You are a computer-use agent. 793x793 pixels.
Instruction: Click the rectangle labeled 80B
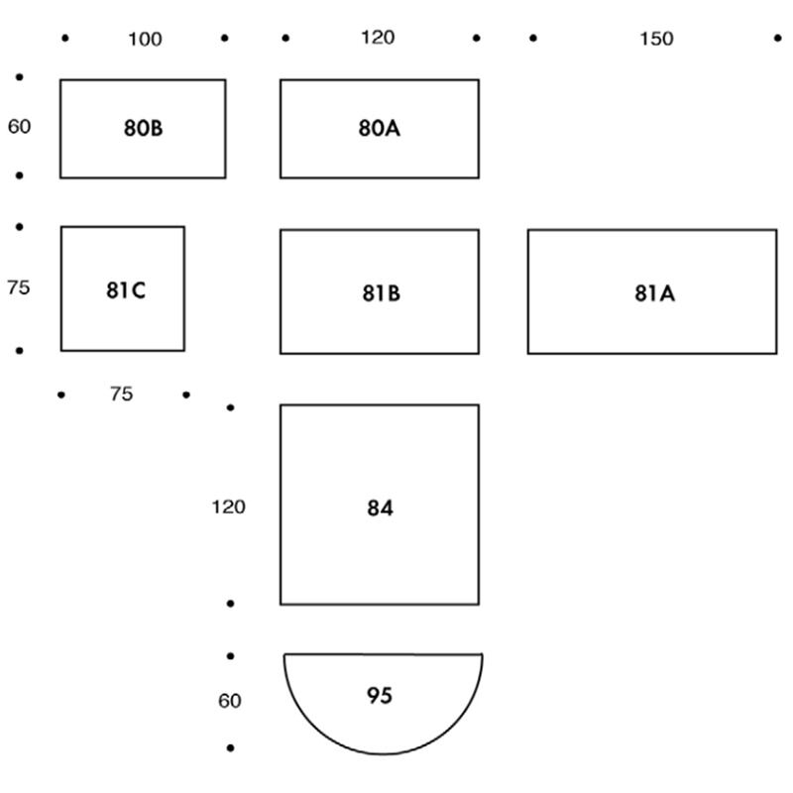(x=143, y=129)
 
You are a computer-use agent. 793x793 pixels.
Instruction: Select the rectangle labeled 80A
(x=380, y=129)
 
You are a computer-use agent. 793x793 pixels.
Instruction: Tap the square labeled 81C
(x=123, y=288)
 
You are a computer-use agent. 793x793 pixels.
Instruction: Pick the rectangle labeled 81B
(x=380, y=292)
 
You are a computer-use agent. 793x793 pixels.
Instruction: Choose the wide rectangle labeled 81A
(x=652, y=292)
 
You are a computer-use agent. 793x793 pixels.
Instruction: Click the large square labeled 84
(x=380, y=505)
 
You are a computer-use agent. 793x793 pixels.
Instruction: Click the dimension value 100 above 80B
(x=145, y=40)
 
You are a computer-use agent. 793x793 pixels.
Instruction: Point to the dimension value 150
(x=656, y=39)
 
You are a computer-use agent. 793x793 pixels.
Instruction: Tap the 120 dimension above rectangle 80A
(x=378, y=38)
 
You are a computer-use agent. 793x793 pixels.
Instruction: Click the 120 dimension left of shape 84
(x=228, y=507)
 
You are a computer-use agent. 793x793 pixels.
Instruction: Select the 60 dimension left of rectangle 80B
(x=20, y=127)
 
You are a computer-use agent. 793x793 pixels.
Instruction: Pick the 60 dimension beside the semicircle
(x=229, y=701)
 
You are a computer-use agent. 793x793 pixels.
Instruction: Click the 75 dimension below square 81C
(x=121, y=395)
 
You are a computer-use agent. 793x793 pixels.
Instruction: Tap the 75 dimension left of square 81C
(x=19, y=288)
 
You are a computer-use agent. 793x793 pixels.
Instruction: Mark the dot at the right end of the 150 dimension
(x=776, y=39)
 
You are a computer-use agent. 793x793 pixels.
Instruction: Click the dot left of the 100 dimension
(x=65, y=39)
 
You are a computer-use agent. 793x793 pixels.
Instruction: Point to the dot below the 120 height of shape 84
(x=231, y=603)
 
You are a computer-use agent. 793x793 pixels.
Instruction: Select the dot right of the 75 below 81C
(x=186, y=396)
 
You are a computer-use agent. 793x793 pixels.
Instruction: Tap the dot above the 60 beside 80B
(x=20, y=76)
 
